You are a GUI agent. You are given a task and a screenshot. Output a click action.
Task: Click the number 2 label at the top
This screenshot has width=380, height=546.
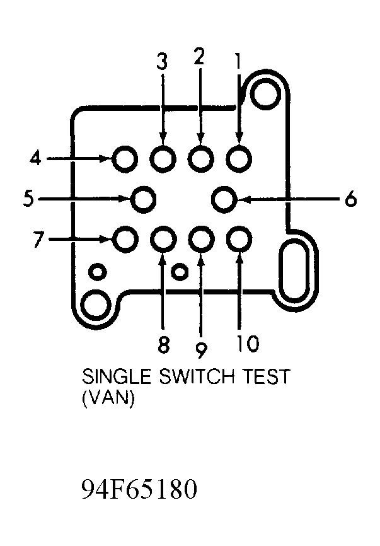click(x=199, y=57)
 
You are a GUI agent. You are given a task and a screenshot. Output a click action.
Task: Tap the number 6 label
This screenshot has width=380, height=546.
click(x=351, y=199)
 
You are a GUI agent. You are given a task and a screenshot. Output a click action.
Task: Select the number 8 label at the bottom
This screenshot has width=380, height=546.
click(x=163, y=345)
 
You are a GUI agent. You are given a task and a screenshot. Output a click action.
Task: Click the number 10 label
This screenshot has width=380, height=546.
click(x=248, y=344)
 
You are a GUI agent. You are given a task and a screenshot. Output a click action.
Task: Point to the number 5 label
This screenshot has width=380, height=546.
click(x=28, y=199)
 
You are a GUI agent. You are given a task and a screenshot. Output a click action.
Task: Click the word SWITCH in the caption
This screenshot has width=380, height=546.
click(x=196, y=376)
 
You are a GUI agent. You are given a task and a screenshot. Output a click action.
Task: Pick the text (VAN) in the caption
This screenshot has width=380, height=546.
click(x=108, y=398)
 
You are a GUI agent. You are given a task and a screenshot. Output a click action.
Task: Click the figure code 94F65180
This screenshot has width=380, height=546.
click(x=139, y=489)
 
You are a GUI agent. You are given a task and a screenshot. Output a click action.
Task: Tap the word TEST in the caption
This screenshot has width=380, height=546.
click(x=266, y=376)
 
